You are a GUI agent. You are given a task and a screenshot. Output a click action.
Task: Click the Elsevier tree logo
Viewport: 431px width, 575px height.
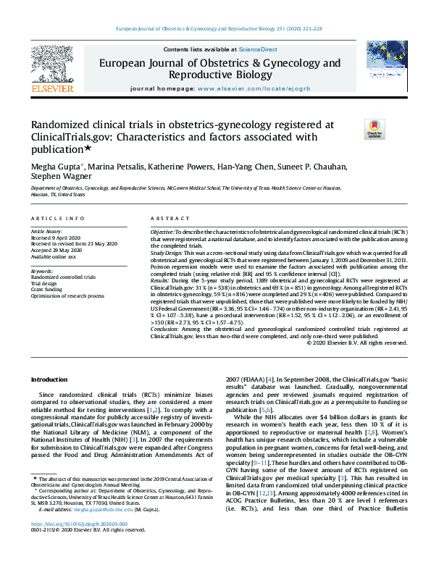(x=51, y=66)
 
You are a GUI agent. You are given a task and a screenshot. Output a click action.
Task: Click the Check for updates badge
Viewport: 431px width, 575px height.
(x=374, y=130)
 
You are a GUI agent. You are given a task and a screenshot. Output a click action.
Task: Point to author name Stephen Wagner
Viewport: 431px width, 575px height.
(x=57, y=179)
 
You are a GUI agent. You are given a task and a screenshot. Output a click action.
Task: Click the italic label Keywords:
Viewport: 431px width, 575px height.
(x=43, y=271)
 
